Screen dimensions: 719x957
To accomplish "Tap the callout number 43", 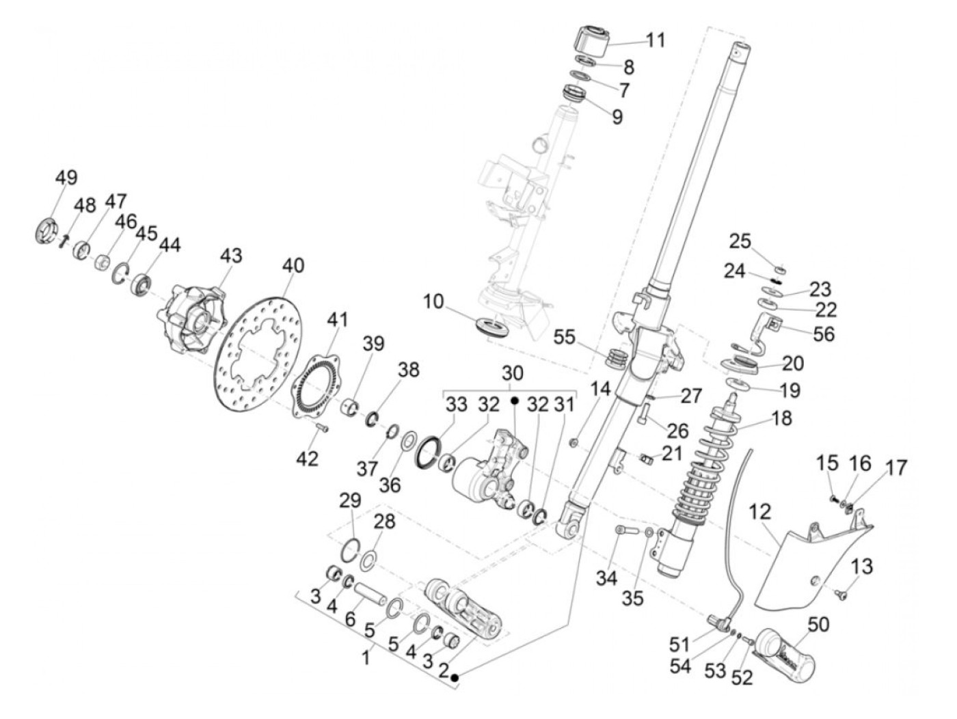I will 231,256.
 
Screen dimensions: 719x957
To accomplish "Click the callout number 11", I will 655,40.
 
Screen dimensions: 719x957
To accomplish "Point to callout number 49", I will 66,177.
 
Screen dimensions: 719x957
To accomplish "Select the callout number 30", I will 512,373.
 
